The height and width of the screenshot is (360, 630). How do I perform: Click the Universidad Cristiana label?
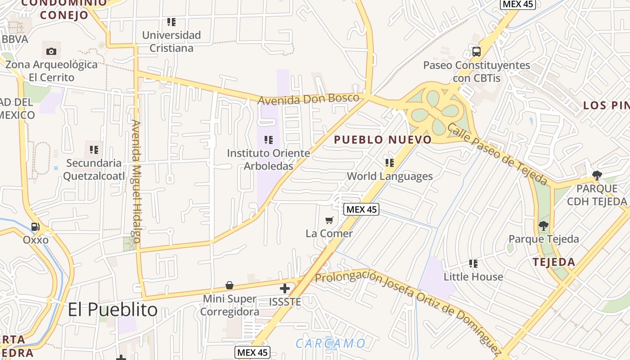point(171,41)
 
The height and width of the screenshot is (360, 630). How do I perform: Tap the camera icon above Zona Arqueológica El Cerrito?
point(51,51)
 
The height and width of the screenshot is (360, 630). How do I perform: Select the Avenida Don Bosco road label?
point(309,99)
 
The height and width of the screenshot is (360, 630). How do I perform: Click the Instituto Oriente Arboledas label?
point(269,159)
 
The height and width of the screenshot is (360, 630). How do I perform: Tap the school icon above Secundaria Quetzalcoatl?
point(94,149)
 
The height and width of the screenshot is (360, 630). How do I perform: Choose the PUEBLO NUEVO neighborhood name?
point(383,140)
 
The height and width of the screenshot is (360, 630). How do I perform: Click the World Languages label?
point(390,176)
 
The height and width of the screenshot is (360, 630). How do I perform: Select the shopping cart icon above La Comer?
point(329,220)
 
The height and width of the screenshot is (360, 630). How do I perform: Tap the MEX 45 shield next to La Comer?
point(361,209)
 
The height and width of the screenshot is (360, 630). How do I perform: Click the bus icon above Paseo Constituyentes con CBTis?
point(477,51)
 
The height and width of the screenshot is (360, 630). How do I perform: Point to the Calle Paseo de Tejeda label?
point(498,154)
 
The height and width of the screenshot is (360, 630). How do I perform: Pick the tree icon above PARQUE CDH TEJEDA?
point(597,175)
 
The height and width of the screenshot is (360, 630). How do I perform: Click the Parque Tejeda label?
point(544,239)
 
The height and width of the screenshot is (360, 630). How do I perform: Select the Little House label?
point(473,276)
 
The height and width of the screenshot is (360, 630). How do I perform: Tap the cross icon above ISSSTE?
point(285,288)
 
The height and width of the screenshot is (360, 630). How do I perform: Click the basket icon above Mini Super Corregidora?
point(229,285)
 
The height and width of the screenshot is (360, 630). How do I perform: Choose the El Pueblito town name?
point(112,310)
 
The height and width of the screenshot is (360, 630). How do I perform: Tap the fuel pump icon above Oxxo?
point(36,227)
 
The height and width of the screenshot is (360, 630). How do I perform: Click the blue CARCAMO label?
point(331,344)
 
